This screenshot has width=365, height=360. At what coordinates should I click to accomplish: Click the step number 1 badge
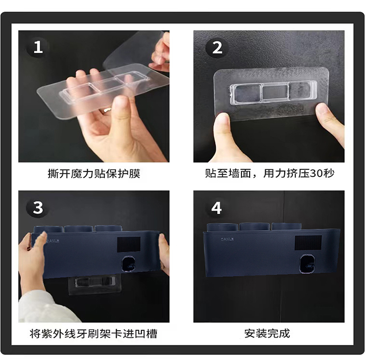(x=38, y=47)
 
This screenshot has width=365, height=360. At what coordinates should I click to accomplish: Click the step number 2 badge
(x=217, y=48)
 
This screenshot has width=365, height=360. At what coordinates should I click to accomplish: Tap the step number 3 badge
(x=38, y=208)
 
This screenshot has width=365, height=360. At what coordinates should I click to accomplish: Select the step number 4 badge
(x=216, y=208)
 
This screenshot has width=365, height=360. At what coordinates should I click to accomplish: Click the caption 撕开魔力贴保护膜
(x=94, y=174)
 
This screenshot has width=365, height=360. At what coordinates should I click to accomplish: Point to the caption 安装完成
(x=267, y=334)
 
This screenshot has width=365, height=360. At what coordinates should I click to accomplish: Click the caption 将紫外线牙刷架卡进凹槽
(x=94, y=334)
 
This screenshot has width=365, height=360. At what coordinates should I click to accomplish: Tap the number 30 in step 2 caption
(x=316, y=173)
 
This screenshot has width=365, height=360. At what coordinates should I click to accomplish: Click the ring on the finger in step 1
(x=107, y=110)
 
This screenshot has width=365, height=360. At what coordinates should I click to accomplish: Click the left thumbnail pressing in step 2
(x=222, y=119)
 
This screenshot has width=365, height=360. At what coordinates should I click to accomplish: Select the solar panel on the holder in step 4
(x=308, y=242)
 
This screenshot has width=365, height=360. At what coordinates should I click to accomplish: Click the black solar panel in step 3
(x=129, y=244)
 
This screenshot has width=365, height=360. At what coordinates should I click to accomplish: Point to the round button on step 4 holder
(x=307, y=263)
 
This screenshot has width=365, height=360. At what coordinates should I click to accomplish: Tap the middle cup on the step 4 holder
(x=255, y=227)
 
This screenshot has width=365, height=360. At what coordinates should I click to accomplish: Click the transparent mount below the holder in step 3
(x=95, y=284)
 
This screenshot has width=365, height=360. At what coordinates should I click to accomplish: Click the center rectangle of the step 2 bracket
(x=276, y=92)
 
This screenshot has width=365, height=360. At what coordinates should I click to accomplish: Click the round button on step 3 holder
(x=129, y=264)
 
